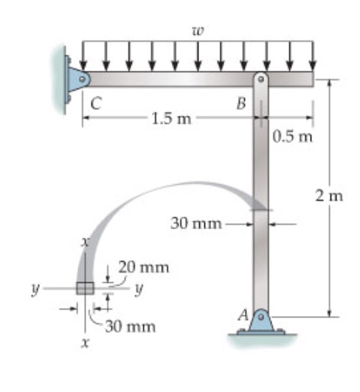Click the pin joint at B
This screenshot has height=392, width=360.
[x=261, y=79]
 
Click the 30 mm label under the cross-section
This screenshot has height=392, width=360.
[x=129, y=326]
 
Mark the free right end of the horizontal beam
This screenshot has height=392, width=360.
[x=312, y=79]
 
